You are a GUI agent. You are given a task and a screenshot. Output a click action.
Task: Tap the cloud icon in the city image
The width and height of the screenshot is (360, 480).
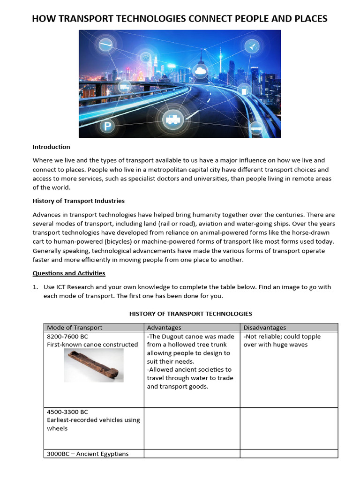click(x=201, y=71)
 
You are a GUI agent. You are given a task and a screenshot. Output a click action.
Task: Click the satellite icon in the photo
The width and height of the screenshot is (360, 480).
click(x=252, y=46)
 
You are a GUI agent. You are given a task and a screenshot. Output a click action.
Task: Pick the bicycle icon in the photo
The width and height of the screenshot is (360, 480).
click(x=125, y=86)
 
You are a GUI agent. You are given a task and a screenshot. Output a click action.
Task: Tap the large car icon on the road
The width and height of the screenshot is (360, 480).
click(x=172, y=120)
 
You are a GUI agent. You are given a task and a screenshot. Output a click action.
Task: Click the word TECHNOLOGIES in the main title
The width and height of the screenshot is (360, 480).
click(x=138, y=19)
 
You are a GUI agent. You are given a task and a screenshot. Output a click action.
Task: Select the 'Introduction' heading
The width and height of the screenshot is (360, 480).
click(x=51, y=147)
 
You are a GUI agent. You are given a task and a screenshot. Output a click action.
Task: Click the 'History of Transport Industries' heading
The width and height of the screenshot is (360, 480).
click(x=78, y=201)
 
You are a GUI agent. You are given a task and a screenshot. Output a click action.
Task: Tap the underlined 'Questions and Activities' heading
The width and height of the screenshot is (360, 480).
click(x=68, y=273)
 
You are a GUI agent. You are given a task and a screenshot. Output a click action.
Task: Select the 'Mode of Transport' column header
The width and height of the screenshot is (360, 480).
click(x=75, y=328)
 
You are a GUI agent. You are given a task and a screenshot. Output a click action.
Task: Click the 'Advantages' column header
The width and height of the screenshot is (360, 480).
click(x=164, y=328)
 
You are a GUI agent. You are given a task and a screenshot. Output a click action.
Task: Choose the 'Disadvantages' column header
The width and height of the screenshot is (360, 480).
click(x=264, y=328)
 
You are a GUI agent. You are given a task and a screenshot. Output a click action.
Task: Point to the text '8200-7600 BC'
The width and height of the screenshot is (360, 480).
click(x=67, y=337)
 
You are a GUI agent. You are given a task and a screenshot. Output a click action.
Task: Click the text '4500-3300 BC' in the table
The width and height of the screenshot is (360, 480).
click(x=67, y=412)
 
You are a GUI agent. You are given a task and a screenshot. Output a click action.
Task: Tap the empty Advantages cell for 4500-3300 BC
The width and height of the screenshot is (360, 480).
click(x=192, y=428)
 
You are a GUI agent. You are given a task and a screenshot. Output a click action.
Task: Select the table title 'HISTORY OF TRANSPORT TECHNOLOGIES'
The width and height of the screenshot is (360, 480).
click(x=191, y=314)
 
